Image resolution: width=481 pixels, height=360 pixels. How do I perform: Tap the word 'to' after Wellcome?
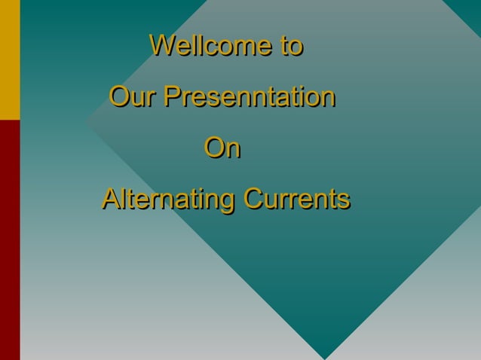[x=291, y=45]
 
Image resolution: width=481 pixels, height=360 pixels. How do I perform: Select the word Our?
[x=133, y=97]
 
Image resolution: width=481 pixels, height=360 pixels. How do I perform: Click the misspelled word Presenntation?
[x=250, y=97]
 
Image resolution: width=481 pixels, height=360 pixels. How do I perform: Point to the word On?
[x=222, y=149]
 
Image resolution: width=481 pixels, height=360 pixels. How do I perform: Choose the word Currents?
[x=295, y=200]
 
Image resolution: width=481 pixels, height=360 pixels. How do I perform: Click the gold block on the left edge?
[x=9, y=59]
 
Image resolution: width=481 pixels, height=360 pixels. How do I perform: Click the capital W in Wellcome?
[x=161, y=45]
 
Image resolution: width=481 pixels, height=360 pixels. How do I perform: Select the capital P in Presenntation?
[x=173, y=97]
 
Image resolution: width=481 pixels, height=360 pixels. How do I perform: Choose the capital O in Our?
[x=120, y=97]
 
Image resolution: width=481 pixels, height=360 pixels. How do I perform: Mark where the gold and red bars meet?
[x=9, y=120]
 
